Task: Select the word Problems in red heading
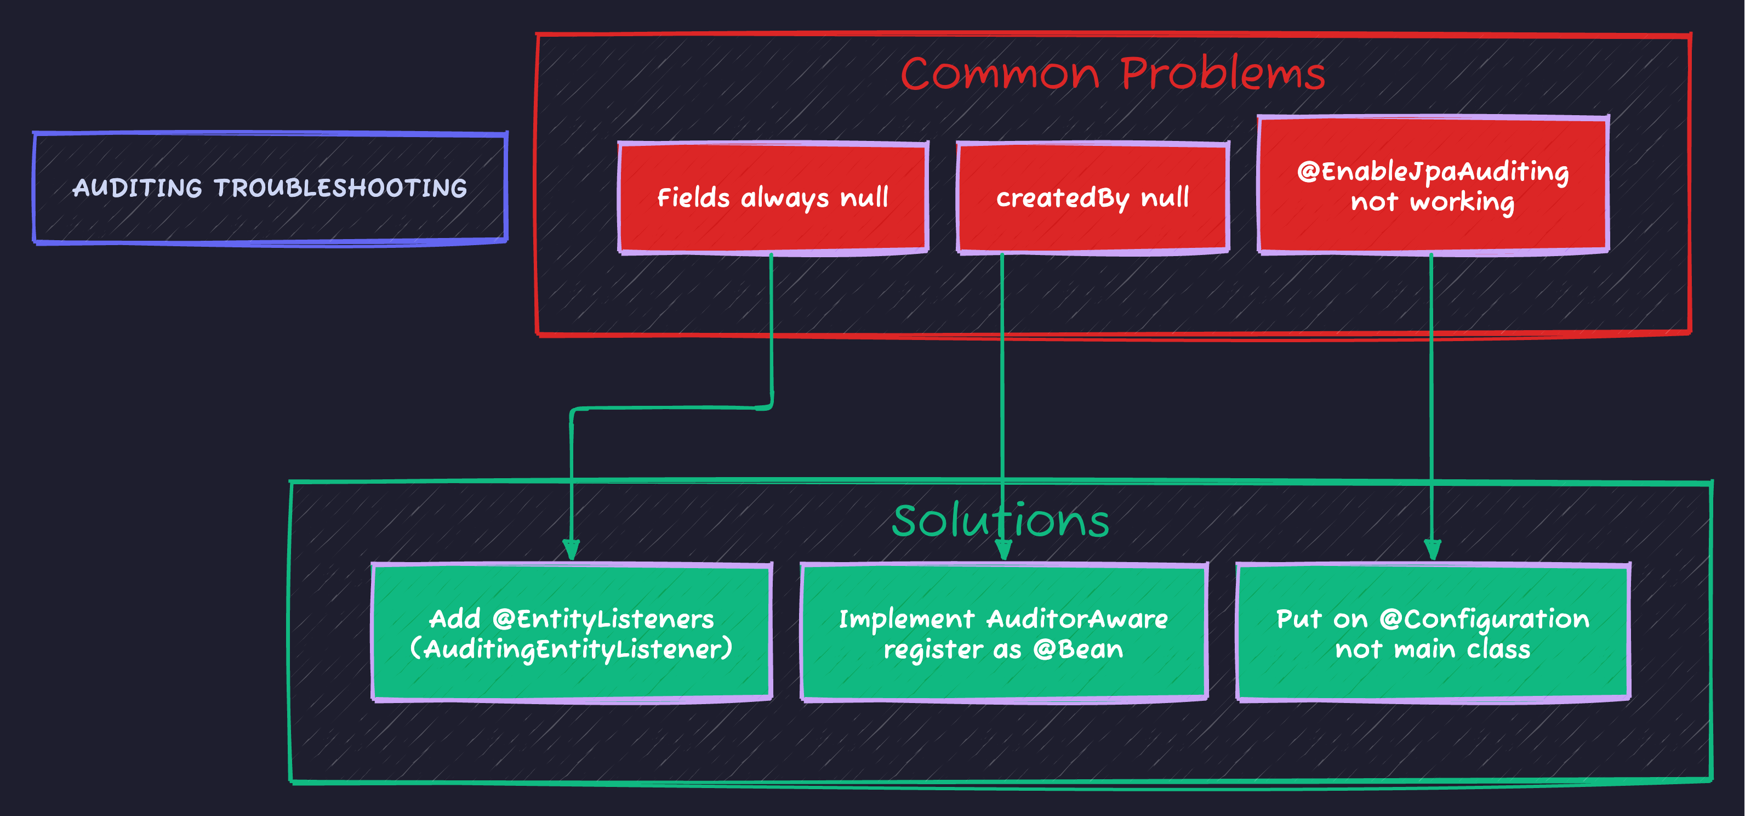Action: [x=1222, y=73]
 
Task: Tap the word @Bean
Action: [x=1078, y=649]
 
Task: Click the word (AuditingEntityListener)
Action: [x=572, y=649]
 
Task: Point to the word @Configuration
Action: [x=1484, y=619]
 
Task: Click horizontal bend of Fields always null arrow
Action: [x=671, y=408]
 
